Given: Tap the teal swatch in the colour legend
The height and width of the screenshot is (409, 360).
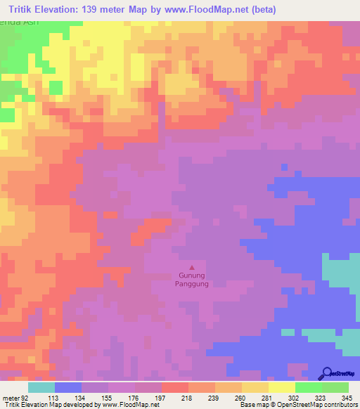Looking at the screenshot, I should (41, 387).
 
